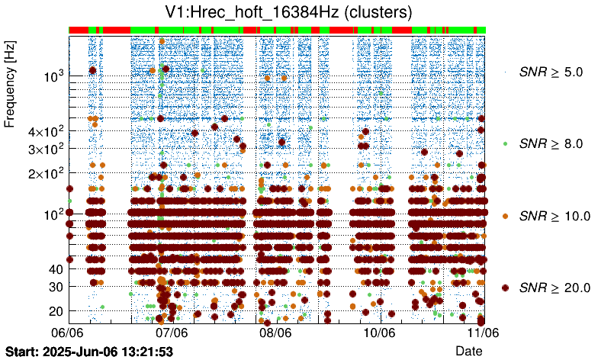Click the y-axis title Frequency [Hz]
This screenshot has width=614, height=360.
click(10, 84)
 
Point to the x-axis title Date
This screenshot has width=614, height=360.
click(469, 350)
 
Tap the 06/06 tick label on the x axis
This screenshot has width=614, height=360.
click(67, 333)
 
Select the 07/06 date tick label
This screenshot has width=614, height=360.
click(172, 333)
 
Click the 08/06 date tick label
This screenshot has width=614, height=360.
click(275, 333)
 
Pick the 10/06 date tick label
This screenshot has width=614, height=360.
click(379, 333)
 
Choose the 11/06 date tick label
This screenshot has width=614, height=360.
click(483, 333)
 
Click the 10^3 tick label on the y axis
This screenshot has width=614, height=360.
click(53, 76)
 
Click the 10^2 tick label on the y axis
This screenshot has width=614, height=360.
click(53, 214)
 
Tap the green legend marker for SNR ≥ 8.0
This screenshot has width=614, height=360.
click(506, 143)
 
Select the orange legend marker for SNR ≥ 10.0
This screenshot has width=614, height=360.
click(506, 216)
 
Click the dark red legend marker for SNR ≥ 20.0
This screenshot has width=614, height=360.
click(506, 288)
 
